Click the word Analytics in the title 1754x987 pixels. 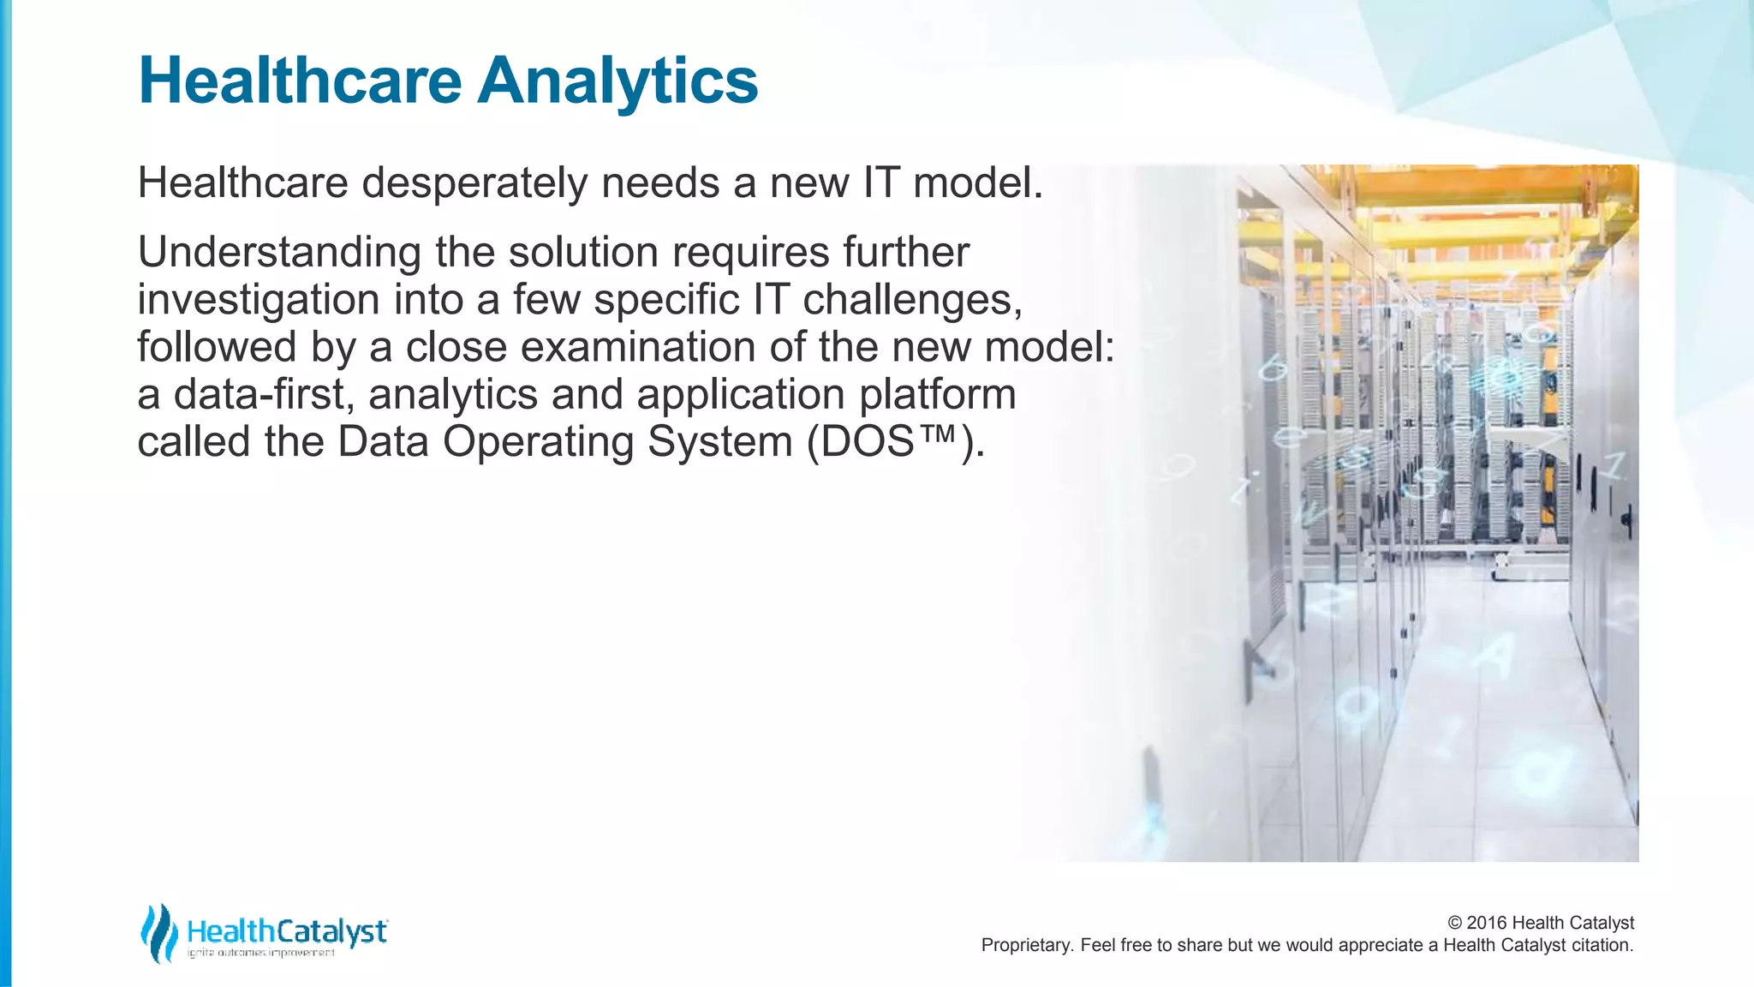point(617,81)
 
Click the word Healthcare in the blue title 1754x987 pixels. point(300,81)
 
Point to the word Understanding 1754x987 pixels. point(279,254)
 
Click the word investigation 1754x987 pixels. point(259,301)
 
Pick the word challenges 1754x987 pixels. point(912,301)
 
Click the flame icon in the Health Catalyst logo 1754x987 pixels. point(158,933)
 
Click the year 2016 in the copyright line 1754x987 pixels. point(1487,923)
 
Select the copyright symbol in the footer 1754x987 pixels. point(1455,923)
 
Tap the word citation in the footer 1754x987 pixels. point(1602,945)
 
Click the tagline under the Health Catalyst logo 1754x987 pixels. point(261,953)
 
